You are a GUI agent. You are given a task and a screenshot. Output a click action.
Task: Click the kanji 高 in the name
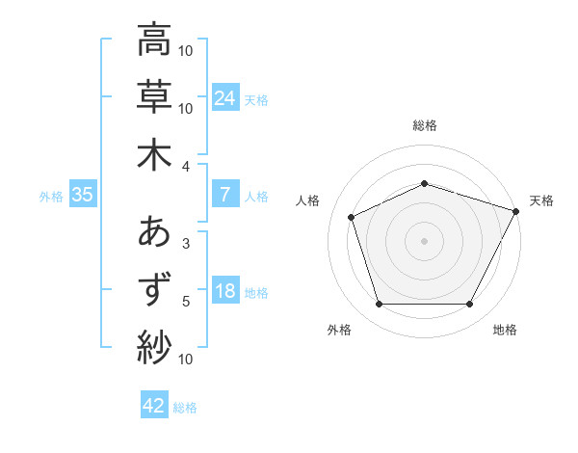click(x=154, y=40)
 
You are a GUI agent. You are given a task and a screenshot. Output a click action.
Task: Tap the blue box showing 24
click(x=225, y=97)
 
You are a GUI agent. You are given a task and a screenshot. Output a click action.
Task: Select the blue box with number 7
click(x=225, y=195)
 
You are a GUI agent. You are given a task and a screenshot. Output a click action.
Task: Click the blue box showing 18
click(x=225, y=291)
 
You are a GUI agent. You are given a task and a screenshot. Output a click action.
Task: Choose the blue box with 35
click(x=82, y=195)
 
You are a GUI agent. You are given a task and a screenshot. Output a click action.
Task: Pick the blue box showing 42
click(x=154, y=406)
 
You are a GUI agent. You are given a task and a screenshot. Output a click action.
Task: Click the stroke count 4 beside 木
click(x=186, y=166)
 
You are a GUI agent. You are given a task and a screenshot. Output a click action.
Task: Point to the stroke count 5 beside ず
click(x=186, y=302)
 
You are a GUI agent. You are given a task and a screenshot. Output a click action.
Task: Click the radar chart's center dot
click(x=424, y=240)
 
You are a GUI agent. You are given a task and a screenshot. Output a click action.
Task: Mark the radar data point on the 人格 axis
click(x=352, y=216)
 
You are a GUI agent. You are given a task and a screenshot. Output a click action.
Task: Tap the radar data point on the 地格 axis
click(x=469, y=305)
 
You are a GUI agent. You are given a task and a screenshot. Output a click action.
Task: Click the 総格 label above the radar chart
click(x=424, y=125)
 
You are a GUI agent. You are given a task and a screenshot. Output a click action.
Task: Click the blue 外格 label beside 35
click(x=51, y=196)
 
